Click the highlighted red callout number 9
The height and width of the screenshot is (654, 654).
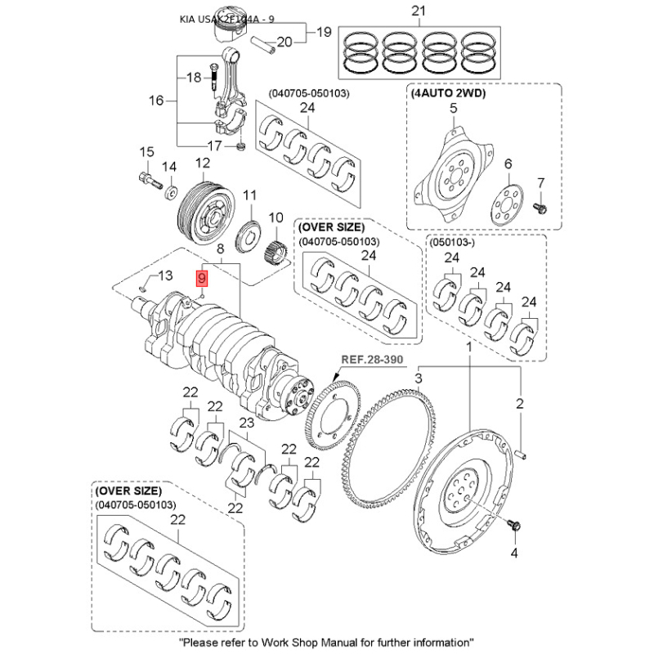pos(202,278)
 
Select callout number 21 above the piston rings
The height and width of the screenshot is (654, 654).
pos(419,11)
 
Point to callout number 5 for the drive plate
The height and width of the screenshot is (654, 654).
pos(453,109)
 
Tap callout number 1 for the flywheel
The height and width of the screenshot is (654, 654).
pos(470,348)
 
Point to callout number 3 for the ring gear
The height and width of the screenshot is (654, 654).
pos(418,379)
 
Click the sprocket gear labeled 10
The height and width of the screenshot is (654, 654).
pos(277,243)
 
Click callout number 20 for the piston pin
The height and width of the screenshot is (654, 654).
pos(284,42)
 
